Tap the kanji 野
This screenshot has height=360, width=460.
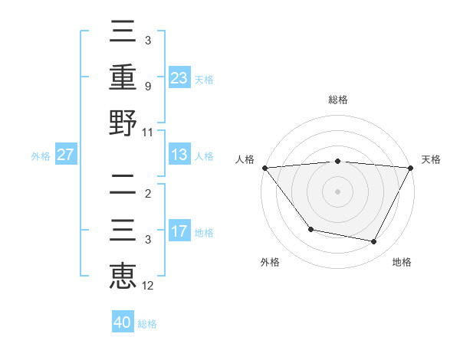[123, 122]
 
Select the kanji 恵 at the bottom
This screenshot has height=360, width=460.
[123, 275]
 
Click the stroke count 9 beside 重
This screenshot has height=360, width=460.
[148, 86]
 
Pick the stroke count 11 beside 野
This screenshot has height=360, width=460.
[148, 132]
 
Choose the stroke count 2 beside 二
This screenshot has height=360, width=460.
[148, 193]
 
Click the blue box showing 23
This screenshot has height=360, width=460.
[179, 77]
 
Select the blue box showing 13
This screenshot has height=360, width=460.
[179, 155]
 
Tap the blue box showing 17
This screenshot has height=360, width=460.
[179, 231]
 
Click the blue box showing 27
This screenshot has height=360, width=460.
[67, 155]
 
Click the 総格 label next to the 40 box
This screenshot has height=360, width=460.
[147, 324]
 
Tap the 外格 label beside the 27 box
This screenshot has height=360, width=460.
[41, 156]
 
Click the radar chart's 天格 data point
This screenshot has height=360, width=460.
[411, 167]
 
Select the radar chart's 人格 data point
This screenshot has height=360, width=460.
[264, 167]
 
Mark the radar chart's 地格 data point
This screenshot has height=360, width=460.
[374, 242]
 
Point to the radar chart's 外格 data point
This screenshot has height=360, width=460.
[310, 229]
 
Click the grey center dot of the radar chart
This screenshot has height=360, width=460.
[337, 191]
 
